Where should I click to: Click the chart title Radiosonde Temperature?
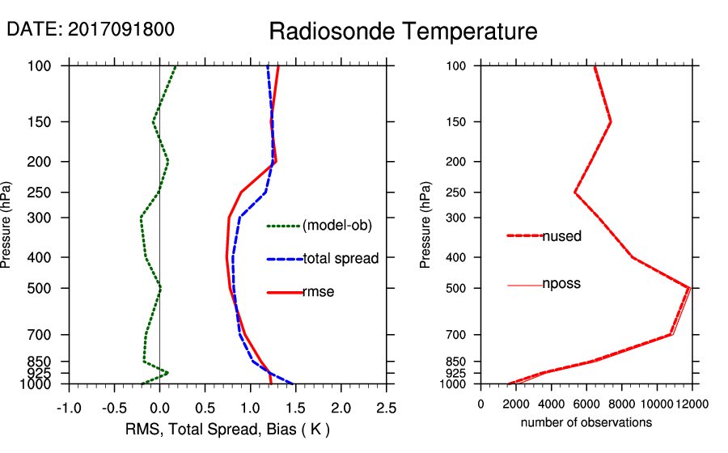click(x=403, y=32)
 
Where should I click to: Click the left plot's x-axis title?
click(x=227, y=429)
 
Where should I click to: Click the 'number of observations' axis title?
click(x=586, y=422)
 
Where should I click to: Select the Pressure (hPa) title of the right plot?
click(x=426, y=224)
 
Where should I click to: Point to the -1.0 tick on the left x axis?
click(x=69, y=406)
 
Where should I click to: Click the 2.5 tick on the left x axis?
click(x=387, y=406)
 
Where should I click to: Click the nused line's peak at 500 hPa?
click(x=689, y=287)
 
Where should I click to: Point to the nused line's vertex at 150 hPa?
click(x=611, y=122)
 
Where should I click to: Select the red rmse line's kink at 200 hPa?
click(x=276, y=162)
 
